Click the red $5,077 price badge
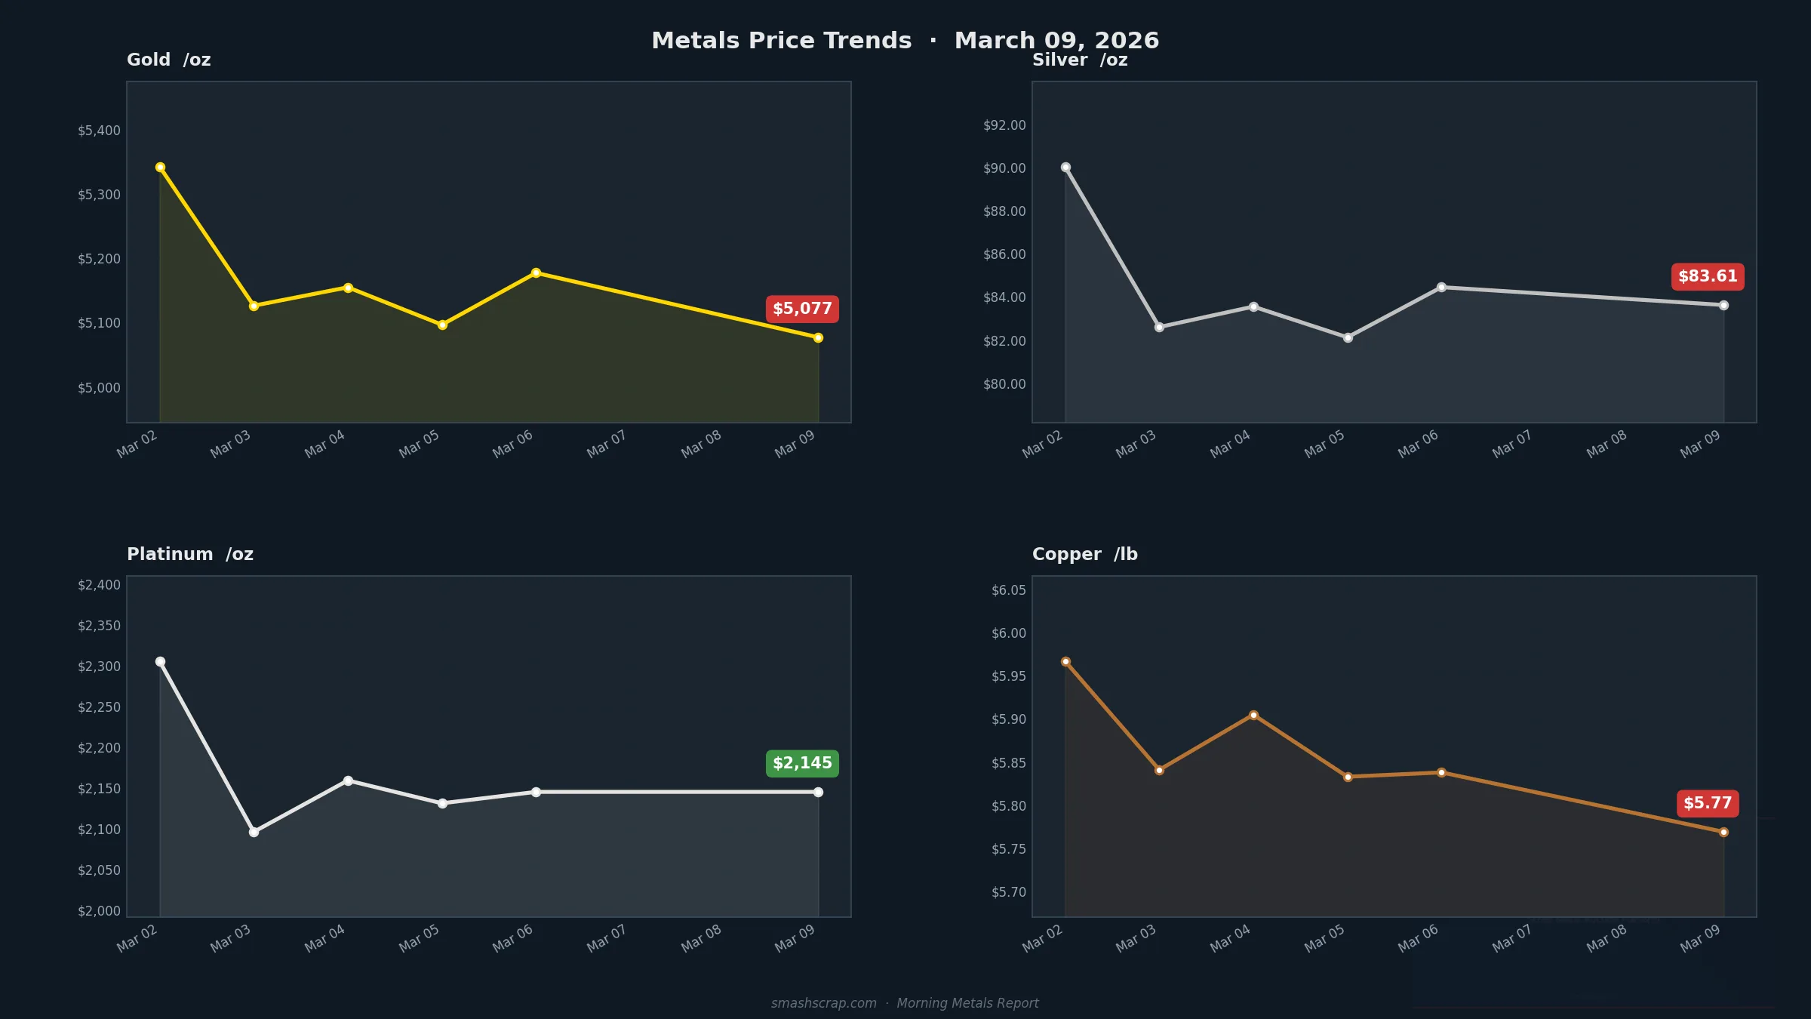click(802, 309)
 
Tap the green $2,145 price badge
click(802, 763)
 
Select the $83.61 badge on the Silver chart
click(1708, 276)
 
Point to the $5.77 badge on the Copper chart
click(1708, 803)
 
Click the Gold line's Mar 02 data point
click(160, 168)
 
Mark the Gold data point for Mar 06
click(536, 273)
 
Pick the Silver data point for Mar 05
click(1348, 338)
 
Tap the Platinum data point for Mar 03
click(254, 832)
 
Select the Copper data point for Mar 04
click(1253, 715)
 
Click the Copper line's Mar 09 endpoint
click(1723, 832)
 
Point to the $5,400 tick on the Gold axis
click(99, 131)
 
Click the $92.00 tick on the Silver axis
click(1004, 125)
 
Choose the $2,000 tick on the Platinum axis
click(99, 911)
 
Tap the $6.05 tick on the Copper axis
click(1008, 590)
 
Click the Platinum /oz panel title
click(190, 554)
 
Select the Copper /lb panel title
click(1084, 554)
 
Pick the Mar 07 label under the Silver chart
click(1511, 444)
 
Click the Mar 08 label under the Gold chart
click(701, 444)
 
